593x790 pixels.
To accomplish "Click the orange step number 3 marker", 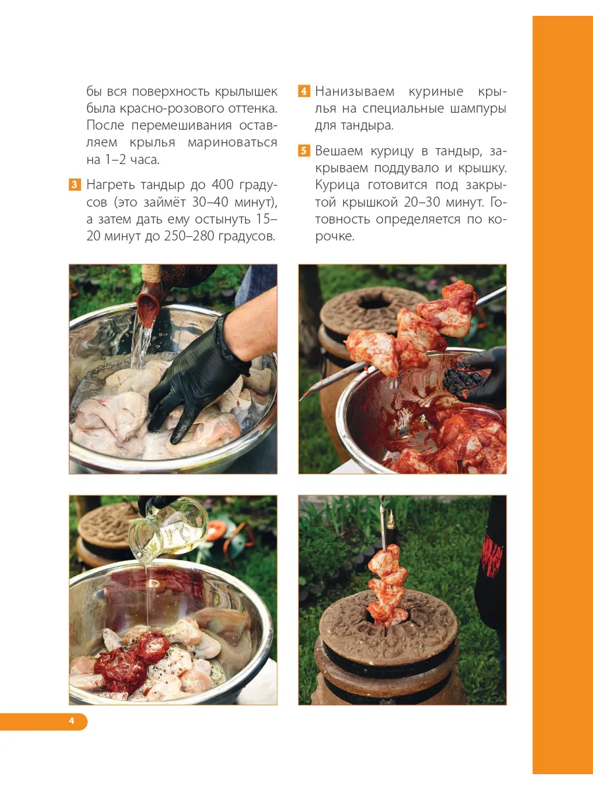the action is coord(74,185).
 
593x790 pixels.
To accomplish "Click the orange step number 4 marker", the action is coord(304,92).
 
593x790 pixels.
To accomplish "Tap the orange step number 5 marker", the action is coord(304,151).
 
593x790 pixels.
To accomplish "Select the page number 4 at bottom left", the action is coord(71,721).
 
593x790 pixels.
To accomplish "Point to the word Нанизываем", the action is coord(354,92).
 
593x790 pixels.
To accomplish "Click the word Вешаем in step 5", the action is coord(339,151).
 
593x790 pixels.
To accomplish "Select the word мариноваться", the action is coord(232,143).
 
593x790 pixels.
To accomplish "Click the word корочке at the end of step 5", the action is coord(335,236).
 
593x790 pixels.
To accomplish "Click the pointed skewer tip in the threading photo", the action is coord(302,399).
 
